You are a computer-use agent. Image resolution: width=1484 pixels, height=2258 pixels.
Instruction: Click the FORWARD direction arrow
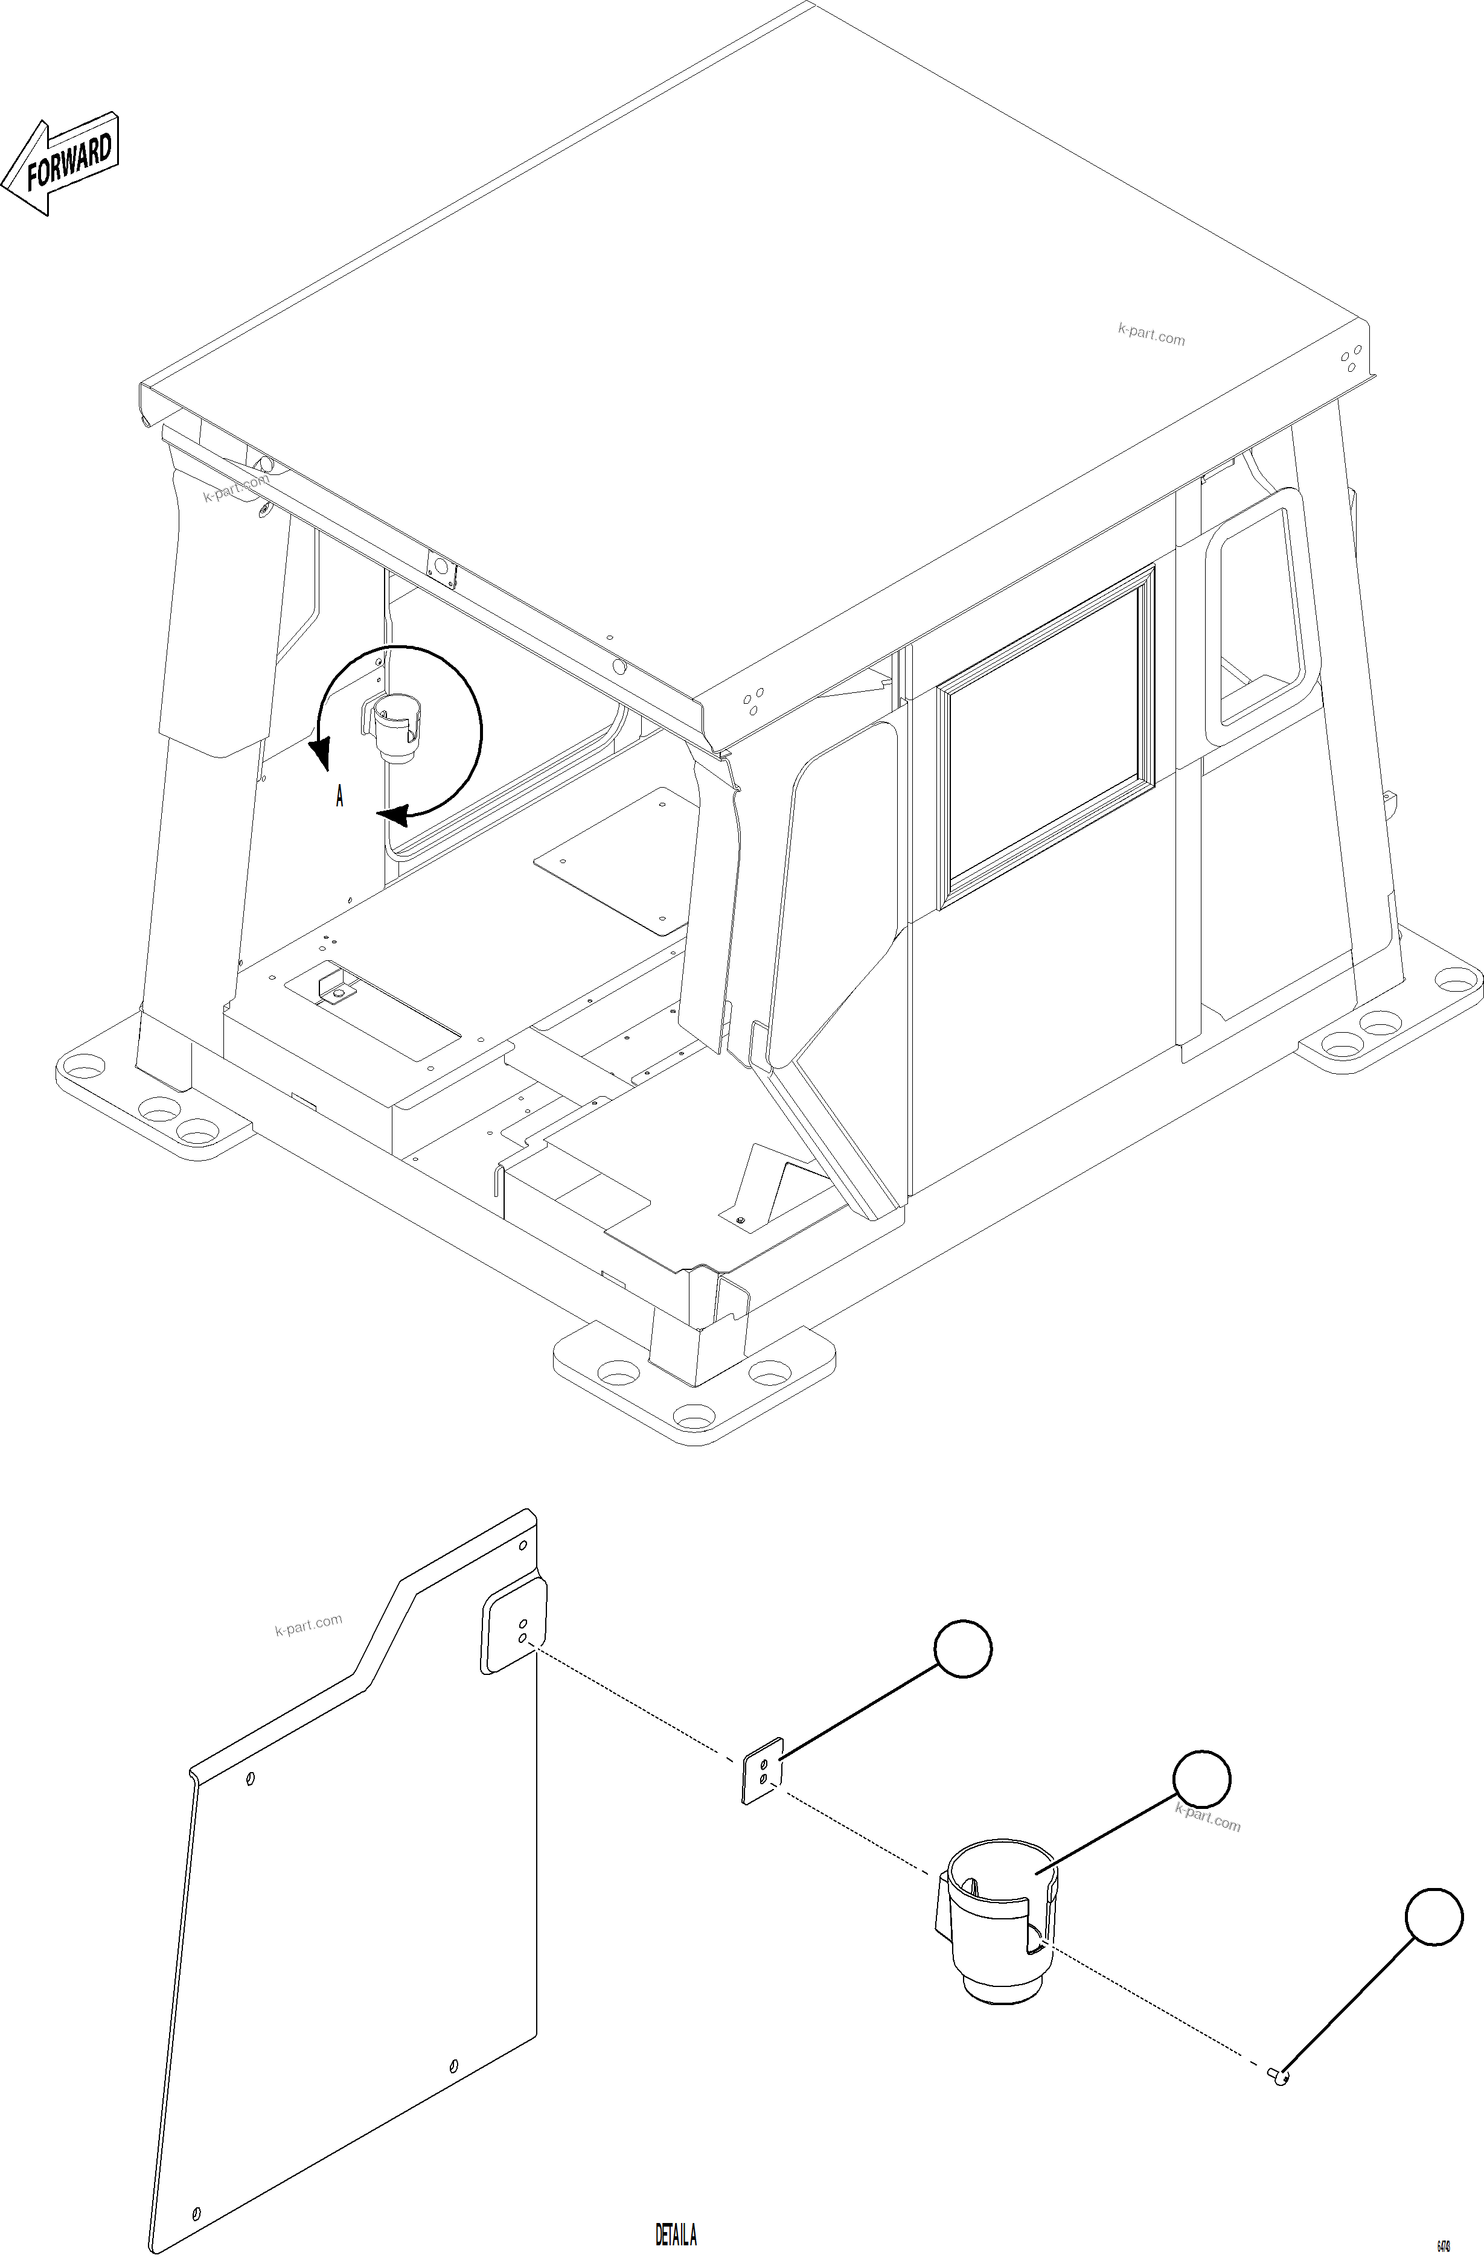click(x=61, y=165)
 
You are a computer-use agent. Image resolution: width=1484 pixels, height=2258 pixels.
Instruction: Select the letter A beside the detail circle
click(x=339, y=796)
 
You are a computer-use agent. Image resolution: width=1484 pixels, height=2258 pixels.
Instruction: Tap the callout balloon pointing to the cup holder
click(x=1201, y=1779)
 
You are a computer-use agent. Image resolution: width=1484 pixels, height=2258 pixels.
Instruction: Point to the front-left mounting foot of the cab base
click(x=152, y=1091)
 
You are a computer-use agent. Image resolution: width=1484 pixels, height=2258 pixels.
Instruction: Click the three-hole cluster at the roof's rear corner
click(x=1350, y=359)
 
